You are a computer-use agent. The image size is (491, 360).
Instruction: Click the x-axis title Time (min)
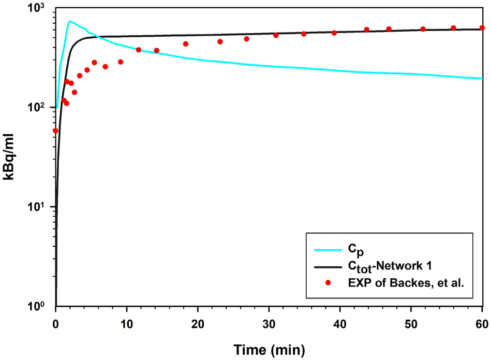(x=268, y=348)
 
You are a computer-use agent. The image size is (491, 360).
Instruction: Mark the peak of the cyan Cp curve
(x=69, y=21)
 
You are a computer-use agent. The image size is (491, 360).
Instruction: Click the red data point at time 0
(x=55, y=131)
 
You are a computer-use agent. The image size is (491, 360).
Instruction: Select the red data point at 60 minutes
(x=482, y=28)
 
